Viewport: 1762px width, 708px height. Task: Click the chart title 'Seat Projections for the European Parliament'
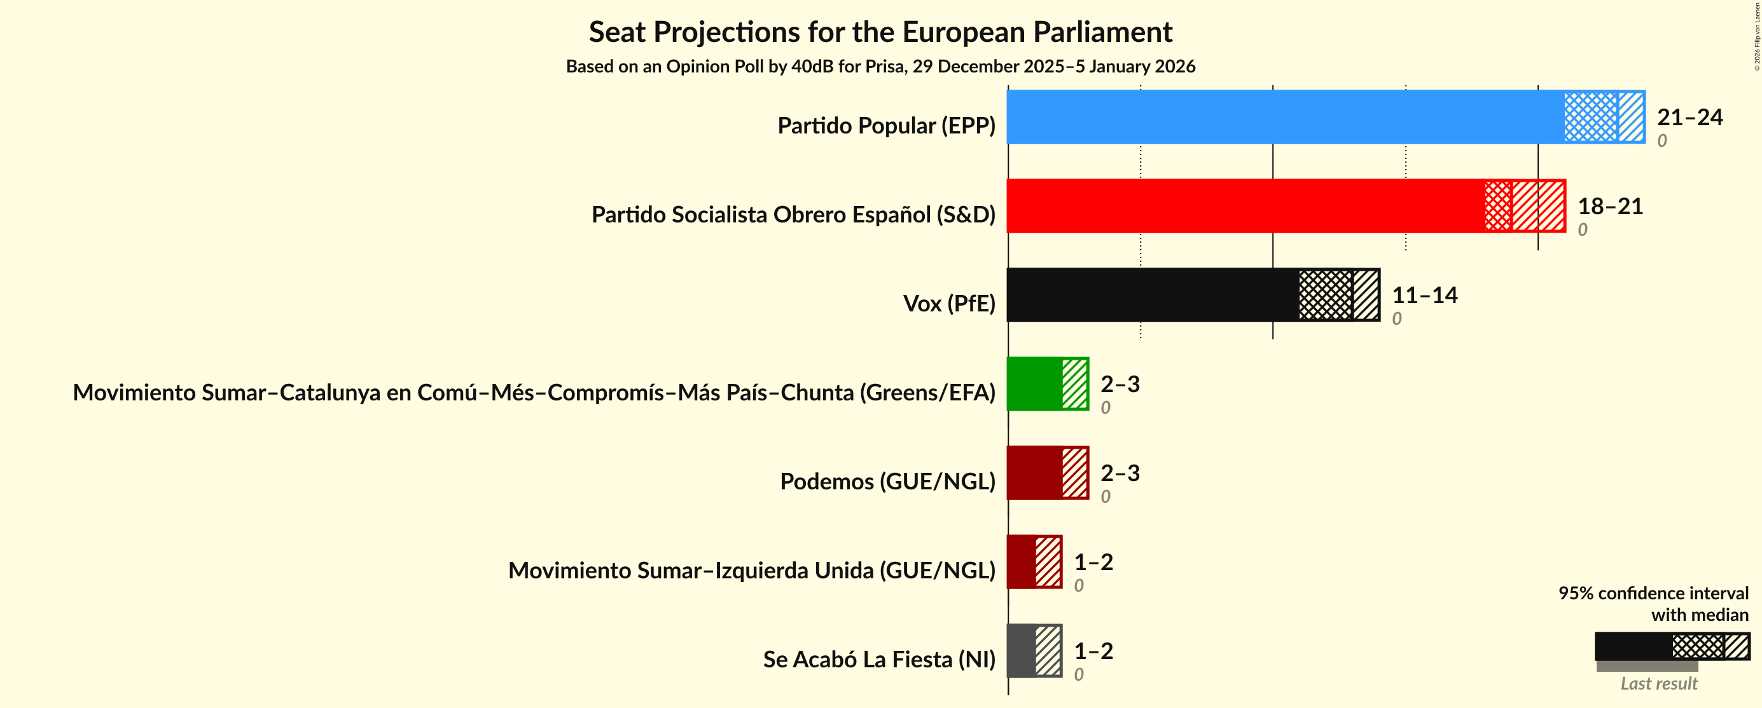click(x=880, y=32)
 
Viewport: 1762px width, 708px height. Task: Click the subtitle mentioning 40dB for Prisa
click(x=880, y=66)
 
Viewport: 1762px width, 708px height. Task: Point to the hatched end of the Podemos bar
click(x=1074, y=472)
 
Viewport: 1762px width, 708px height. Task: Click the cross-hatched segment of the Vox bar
click(x=1326, y=294)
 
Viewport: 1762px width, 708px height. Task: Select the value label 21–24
click(x=1689, y=118)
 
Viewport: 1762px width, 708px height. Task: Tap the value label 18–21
click(x=1609, y=207)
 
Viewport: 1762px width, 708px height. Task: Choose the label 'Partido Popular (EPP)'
click(x=886, y=126)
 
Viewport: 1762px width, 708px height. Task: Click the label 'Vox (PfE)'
click(x=948, y=303)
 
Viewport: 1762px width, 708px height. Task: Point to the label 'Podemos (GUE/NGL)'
click(x=887, y=481)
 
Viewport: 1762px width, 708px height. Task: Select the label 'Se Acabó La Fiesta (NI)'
click(x=879, y=660)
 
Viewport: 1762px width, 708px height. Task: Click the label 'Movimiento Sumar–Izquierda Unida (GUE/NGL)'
click(x=751, y=570)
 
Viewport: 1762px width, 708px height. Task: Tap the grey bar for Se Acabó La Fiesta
click(x=1021, y=650)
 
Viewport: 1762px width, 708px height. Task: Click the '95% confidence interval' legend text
click(x=1653, y=593)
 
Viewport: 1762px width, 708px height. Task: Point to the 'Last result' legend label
click(x=1658, y=683)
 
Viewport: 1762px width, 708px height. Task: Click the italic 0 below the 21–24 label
click(x=1661, y=141)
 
